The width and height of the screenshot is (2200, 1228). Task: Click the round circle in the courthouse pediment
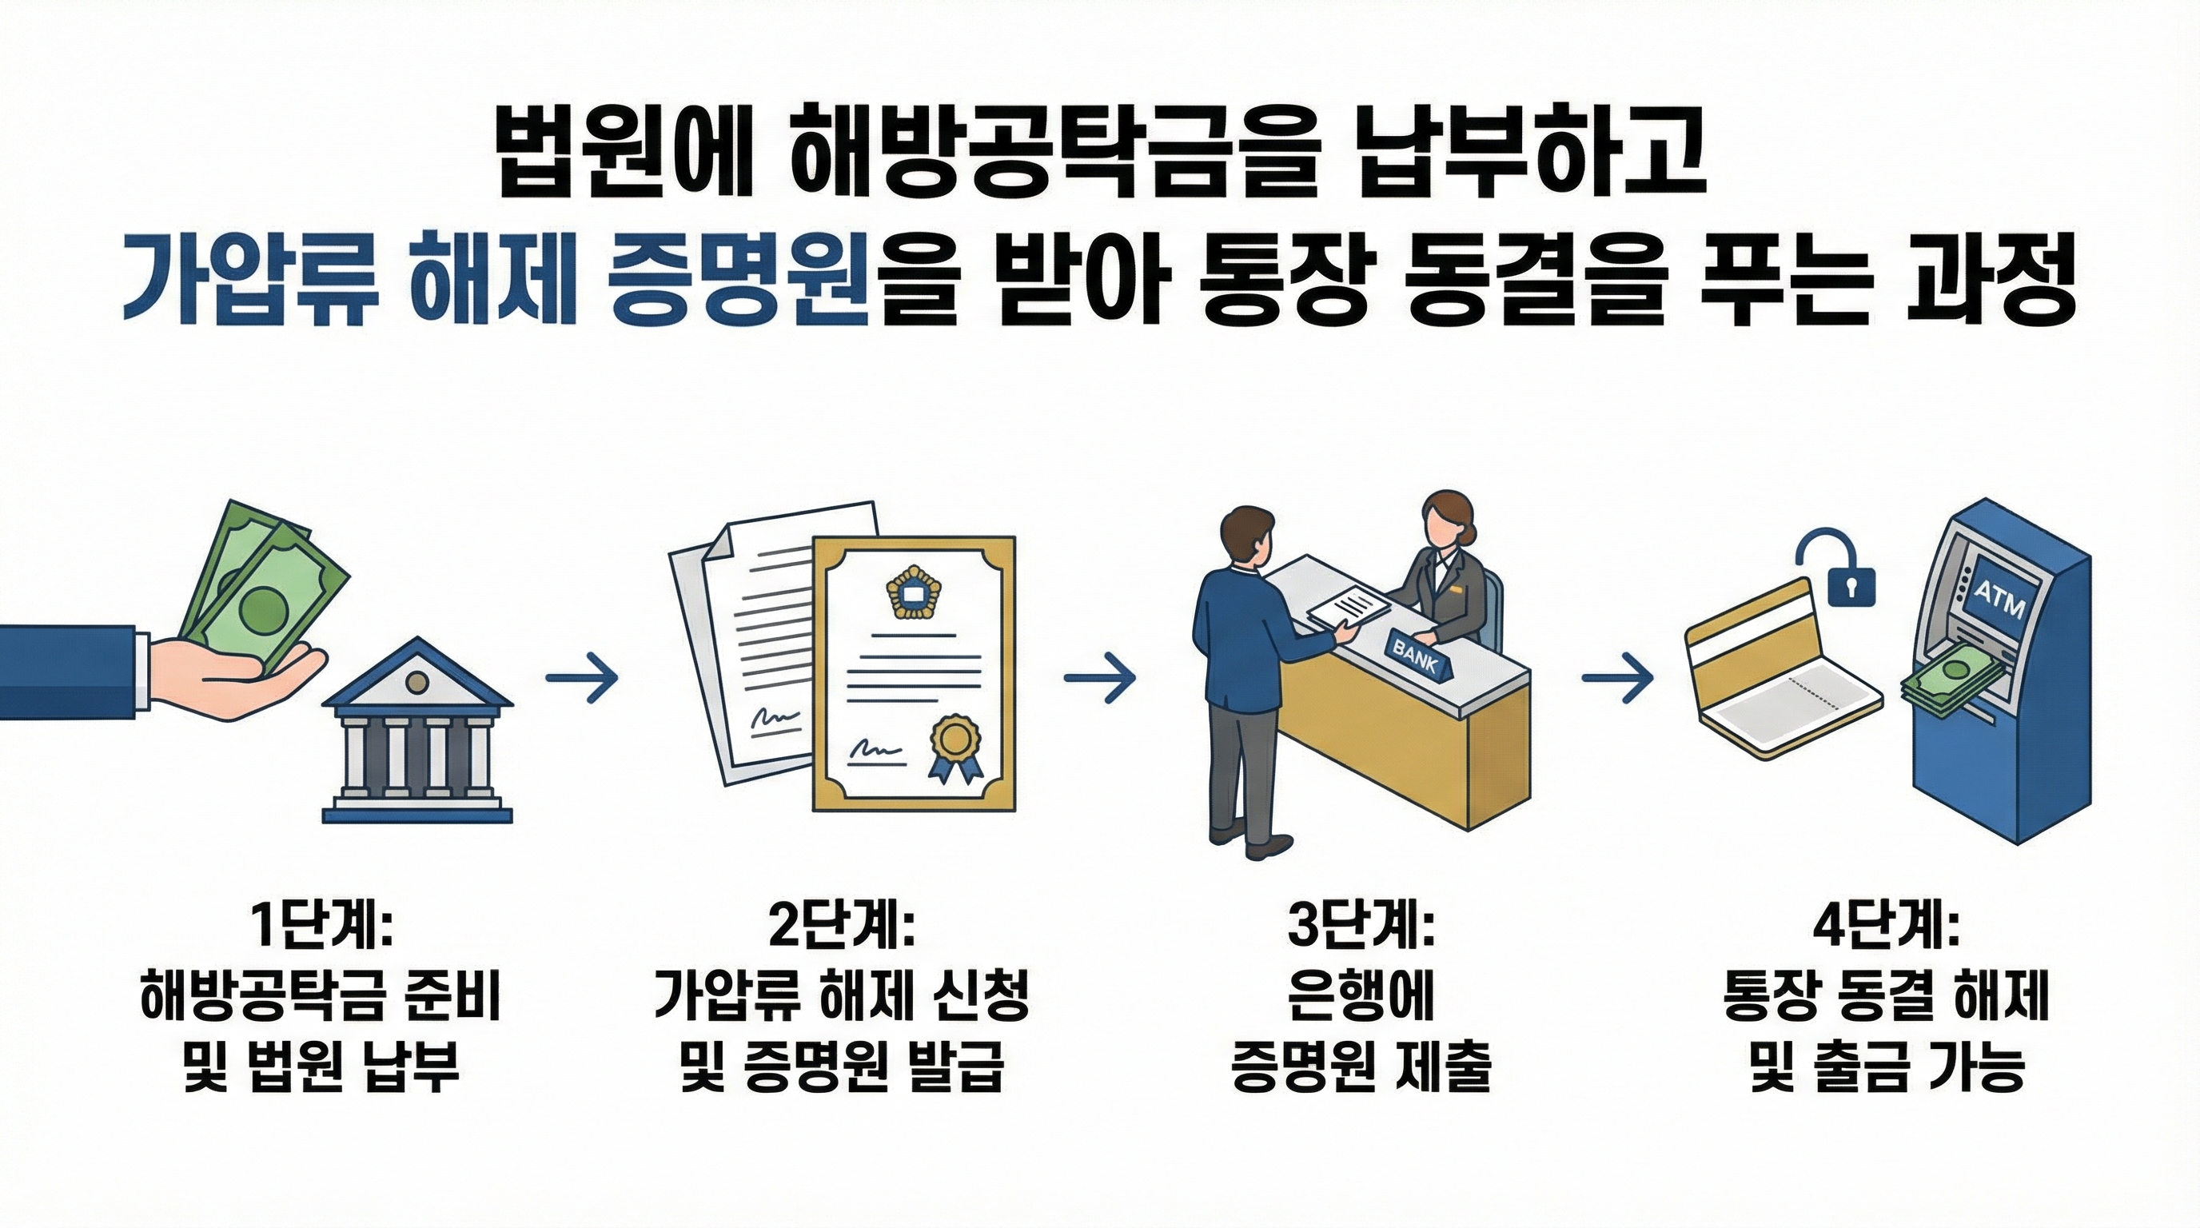tap(416, 681)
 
